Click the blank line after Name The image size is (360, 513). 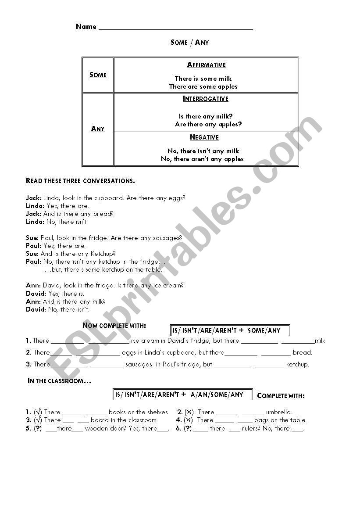[176, 28]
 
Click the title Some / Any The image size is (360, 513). [189, 43]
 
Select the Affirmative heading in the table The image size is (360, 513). [206, 65]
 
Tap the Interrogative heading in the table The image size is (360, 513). [206, 99]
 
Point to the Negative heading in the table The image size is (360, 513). [204, 137]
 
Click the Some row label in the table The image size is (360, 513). [98, 75]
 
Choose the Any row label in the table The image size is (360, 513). [98, 129]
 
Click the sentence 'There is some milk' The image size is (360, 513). [203, 79]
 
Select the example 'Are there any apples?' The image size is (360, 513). [208, 124]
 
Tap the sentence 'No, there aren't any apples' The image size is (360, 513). [202, 159]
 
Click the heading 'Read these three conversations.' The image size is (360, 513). [80, 181]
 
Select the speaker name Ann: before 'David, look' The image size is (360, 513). [33, 285]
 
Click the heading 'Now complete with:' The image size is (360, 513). [114, 326]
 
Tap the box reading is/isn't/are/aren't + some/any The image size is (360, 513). [230, 330]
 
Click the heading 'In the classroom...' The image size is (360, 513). [59, 381]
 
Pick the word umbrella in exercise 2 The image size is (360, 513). [279, 412]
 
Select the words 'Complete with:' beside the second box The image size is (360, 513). [281, 395]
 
